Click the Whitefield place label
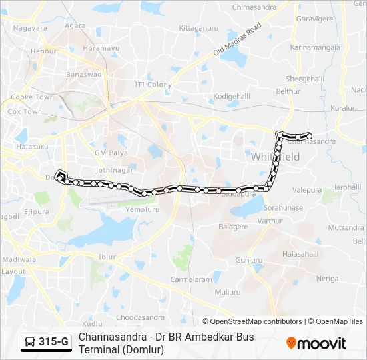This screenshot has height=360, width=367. click(x=276, y=157)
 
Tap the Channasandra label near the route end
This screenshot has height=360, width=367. click(x=312, y=141)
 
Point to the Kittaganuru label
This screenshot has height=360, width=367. click(x=200, y=29)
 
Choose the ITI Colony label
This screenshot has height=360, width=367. click(x=153, y=85)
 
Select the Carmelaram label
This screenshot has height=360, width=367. click(x=190, y=280)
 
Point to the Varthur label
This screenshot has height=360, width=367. click(x=270, y=221)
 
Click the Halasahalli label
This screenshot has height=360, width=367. click(x=300, y=254)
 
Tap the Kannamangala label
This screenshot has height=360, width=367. click(x=315, y=48)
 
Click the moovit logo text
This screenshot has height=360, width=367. click(x=322, y=343)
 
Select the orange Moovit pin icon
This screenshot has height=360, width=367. click(x=291, y=343)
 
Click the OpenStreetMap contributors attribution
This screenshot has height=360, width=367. click(x=252, y=321)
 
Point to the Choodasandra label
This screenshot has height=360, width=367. click(x=140, y=317)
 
